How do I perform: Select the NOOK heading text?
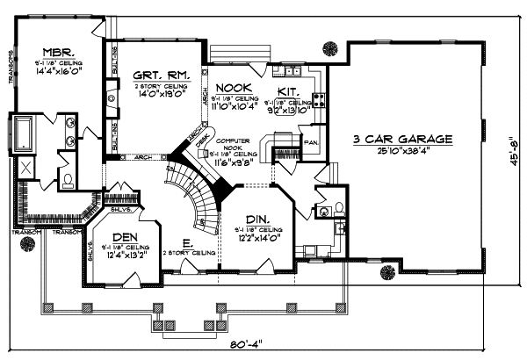pos(234,87)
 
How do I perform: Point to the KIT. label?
pos(290,90)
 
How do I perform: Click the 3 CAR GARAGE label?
pos(403,140)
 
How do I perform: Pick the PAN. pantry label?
pos(309,140)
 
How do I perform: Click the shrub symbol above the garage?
pos(331,47)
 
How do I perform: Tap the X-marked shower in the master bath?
pos(26,169)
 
